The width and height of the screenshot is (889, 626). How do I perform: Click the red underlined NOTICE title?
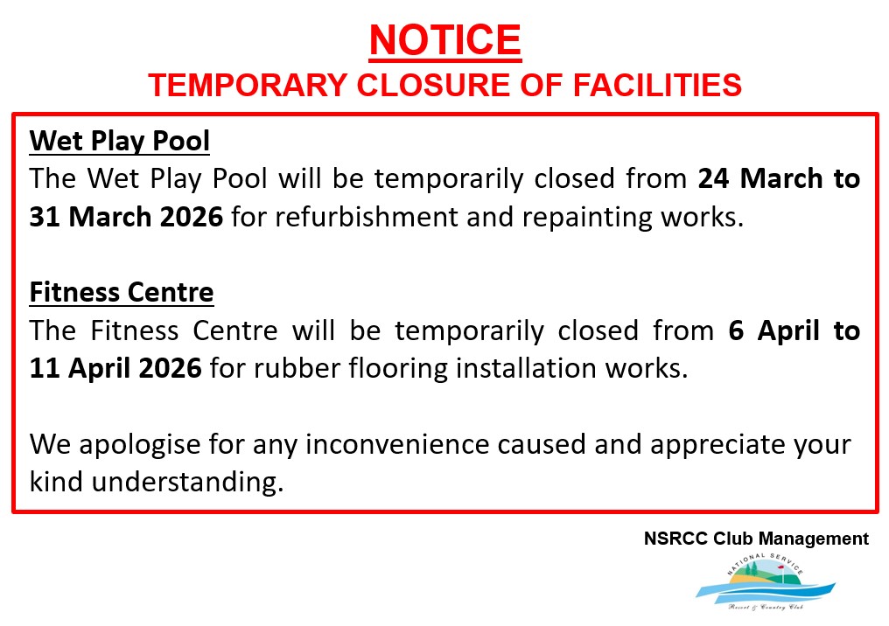click(445, 41)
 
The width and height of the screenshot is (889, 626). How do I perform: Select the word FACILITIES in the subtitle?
click(657, 85)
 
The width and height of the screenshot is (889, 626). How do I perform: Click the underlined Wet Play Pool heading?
click(120, 141)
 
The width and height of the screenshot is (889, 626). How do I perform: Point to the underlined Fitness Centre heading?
click(122, 292)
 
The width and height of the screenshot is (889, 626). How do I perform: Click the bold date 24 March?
click(760, 178)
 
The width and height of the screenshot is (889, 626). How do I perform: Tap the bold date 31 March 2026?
click(126, 217)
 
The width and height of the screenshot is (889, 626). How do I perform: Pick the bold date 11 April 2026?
click(115, 368)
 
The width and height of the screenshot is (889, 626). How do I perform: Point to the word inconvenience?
click(397, 445)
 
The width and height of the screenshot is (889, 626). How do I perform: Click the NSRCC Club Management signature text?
click(756, 539)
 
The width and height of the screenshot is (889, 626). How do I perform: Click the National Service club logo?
click(766, 582)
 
